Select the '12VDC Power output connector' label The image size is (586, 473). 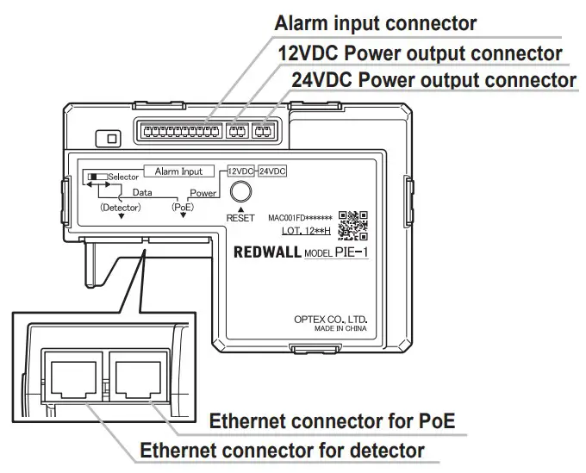pos(420,53)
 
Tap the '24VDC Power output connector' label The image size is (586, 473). pos(433,81)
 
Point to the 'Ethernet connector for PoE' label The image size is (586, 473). pos(333,421)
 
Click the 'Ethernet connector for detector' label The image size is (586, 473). pos(282,450)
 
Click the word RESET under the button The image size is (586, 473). pos(242,218)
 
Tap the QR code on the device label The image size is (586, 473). pos(353,225)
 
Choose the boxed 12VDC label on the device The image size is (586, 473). pos(241,171)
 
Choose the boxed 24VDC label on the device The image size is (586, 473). pos(272,171)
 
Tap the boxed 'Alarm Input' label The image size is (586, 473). pos(178,171)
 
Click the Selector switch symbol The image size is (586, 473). pos(92,176)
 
